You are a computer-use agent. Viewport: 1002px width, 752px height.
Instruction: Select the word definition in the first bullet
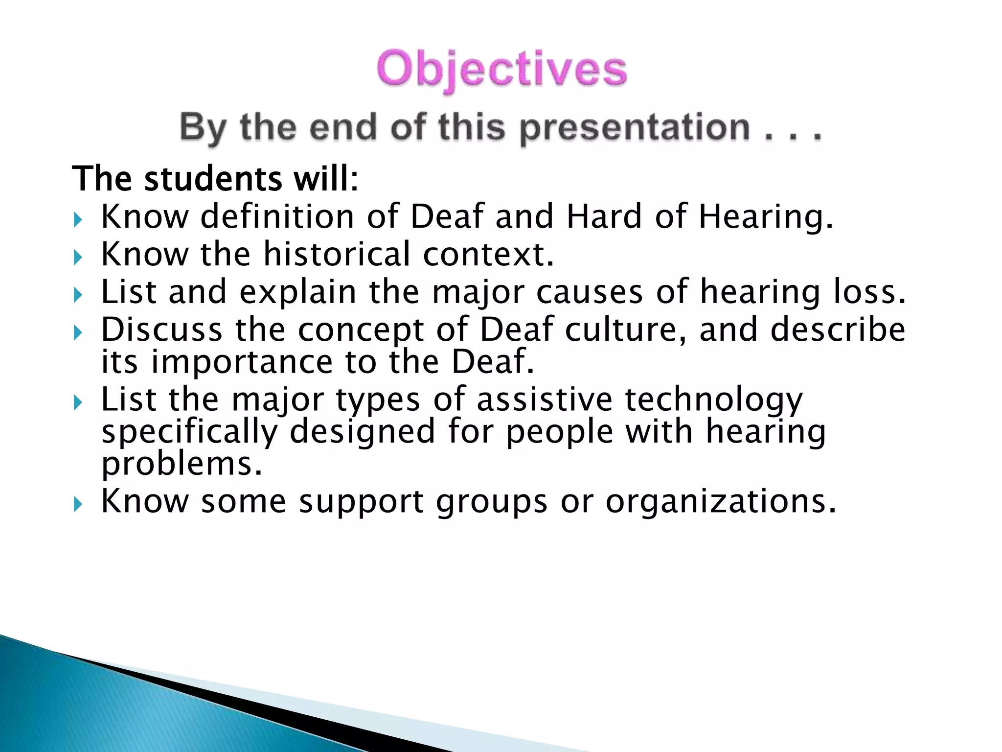277,216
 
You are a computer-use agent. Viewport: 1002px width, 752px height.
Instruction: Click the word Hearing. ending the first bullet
766,217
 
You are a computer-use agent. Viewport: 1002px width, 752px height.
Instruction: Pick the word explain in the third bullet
297,293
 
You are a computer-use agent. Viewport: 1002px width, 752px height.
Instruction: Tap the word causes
589,293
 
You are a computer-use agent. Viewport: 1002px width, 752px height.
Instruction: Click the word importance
242,362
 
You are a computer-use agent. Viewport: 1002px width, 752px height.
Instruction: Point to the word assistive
544,399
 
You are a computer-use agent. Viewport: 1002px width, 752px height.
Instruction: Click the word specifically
189,432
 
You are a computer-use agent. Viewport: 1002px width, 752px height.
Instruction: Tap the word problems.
182,464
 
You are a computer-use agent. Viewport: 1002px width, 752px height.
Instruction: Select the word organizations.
721,502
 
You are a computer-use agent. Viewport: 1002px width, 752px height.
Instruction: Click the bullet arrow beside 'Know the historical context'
78,257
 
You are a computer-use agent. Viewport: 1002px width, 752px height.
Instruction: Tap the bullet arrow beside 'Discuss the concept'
78,333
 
